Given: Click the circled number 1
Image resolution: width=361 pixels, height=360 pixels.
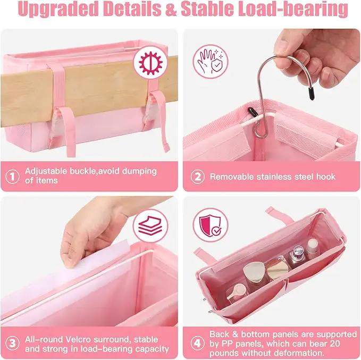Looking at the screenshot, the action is pos(12,177).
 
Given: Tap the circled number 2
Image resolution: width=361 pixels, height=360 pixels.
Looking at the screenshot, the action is pos(198,177).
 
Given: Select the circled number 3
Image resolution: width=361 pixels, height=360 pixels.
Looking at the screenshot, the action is pos(12,343).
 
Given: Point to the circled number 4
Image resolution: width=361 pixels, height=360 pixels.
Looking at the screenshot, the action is pos(198,343).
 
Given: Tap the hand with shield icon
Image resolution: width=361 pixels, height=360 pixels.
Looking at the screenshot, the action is pos(211,62).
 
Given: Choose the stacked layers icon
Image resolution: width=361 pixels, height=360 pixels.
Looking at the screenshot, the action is pos(150,225).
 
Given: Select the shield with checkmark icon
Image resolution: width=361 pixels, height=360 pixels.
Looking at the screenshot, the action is pos(211,225).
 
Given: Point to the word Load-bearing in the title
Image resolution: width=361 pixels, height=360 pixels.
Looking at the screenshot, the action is pos(293,9).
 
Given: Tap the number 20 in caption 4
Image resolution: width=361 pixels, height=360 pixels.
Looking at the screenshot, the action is pos(335,344).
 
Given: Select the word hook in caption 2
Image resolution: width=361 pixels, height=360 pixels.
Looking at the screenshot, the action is pos(325,177).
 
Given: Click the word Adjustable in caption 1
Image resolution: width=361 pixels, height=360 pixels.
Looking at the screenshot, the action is pos(46,172).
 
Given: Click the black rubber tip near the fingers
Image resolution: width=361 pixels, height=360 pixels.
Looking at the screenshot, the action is pos(311,93).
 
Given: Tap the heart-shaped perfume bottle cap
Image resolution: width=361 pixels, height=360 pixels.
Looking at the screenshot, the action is pos(252,271).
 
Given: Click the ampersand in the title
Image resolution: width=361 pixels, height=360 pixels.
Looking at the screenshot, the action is pos(171,9).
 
